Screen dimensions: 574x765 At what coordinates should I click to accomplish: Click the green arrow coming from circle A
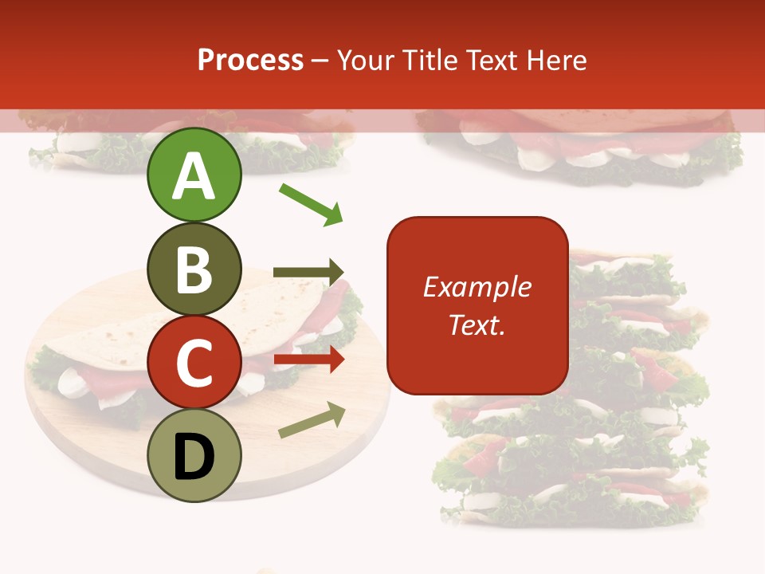tap(311, 203)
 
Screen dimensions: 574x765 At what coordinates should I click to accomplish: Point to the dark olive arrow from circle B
tap(308, 273)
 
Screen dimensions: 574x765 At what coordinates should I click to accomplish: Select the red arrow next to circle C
tap(309, 360)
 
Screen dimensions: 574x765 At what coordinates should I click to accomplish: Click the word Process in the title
tap(250, 60)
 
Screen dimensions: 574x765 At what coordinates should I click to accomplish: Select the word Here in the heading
tap(557, 61)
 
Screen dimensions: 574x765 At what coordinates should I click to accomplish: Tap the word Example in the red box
tap(477, 287)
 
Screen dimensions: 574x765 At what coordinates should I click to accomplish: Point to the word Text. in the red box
tap(477, 324)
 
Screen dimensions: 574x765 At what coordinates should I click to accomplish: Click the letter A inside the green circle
tap(194, 177)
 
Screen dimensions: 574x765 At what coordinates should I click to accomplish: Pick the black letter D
tap(194, 457)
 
